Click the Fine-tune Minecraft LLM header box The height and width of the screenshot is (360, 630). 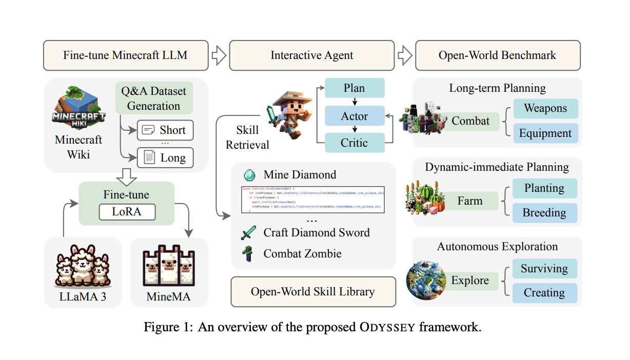125,55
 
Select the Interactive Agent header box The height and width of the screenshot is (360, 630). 312,55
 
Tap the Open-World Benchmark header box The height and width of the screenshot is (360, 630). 497,55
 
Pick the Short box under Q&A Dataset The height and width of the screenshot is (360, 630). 165,130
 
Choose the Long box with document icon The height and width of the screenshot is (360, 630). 165,157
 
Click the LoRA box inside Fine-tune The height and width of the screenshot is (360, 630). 126,212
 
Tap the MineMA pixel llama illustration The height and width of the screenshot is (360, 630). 169,267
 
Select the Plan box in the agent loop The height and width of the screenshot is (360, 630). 355,88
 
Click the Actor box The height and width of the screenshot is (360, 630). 355,116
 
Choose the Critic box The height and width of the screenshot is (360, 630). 355,143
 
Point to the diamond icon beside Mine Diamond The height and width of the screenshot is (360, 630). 250,174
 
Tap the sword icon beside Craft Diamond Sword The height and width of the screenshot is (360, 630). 248,233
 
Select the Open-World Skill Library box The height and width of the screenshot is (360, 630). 313,292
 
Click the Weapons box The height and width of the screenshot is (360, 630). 545,109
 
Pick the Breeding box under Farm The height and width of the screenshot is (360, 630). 544,213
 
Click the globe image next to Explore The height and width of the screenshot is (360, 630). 426,281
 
